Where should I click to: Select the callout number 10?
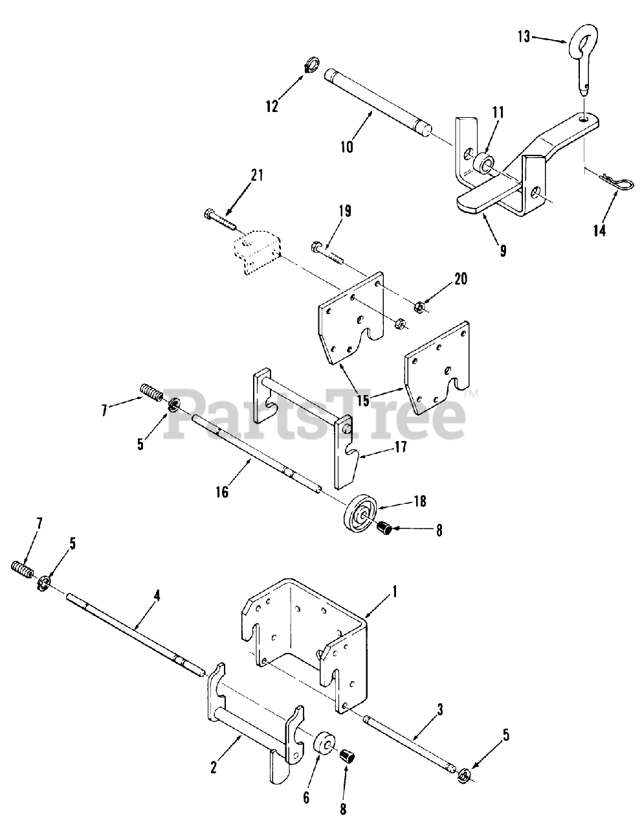[346, 146]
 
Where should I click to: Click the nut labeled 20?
[419, 302]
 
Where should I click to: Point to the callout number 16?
[222, 492]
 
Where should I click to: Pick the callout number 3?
[439, 710]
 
